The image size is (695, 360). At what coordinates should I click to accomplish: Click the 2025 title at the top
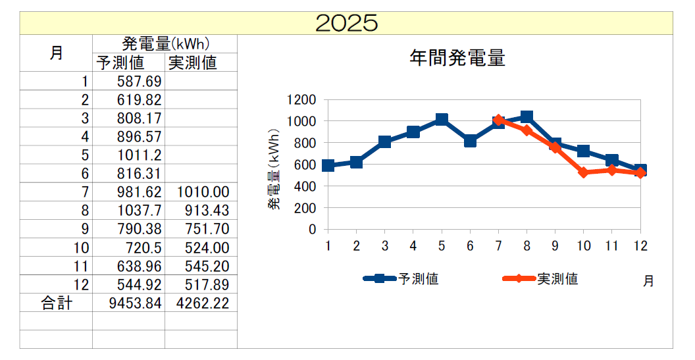[347, 23]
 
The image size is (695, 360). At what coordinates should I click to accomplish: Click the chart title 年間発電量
[457, 59]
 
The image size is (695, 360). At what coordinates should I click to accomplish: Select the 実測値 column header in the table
[192, 63]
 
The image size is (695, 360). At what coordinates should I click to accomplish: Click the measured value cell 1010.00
[203, 192]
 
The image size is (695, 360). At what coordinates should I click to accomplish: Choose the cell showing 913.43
[205, 211]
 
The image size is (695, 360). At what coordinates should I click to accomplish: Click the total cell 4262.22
[203, 303]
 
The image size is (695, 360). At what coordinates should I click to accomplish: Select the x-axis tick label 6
[470, 245]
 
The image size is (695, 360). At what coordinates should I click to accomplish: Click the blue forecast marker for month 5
[442, 120]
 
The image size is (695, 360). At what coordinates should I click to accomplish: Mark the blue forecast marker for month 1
[328, 166]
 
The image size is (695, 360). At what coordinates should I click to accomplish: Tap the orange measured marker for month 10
[583, 172]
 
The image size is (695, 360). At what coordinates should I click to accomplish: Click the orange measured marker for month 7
[498, 120]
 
